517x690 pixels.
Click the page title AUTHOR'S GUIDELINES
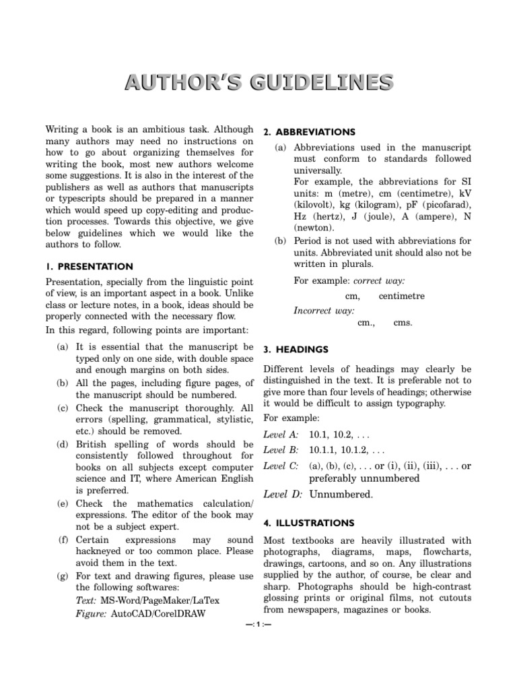[x=258, y=82]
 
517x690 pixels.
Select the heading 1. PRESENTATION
[x=90, y=266]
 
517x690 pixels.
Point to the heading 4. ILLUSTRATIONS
[x=308, y=522]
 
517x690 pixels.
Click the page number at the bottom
[x=258, y=623]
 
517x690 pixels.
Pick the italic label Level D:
[x=281, y=494]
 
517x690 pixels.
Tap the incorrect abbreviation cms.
[x=403, y=323]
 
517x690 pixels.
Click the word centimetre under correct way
[x=402, y=296]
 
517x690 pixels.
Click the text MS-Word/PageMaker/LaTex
[x=165, y=600]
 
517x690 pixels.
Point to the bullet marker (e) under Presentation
[x=63, y=503]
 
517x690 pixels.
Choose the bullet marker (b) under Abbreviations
[x=281, y=241]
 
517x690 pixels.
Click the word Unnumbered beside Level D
[x=340, y=494]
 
